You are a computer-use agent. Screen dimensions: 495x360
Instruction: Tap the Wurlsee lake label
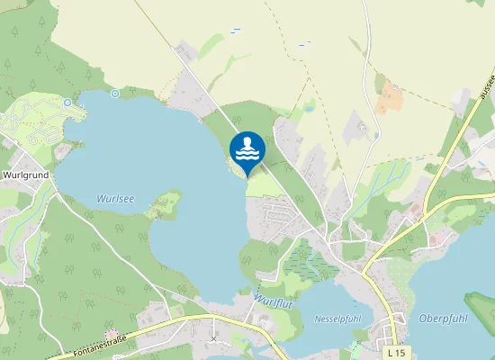coord(115,199)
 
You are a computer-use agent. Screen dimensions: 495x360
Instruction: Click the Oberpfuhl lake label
coord(441,319)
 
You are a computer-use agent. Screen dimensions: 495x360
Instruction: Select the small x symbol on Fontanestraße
coord(213,338)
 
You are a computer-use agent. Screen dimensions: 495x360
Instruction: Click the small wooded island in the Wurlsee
coord(165,202)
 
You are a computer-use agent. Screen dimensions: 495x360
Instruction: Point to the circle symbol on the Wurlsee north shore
coord(115,93)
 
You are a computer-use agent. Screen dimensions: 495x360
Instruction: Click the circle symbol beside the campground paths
coord(67,102)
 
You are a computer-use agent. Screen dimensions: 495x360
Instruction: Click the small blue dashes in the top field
coord(236,31)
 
